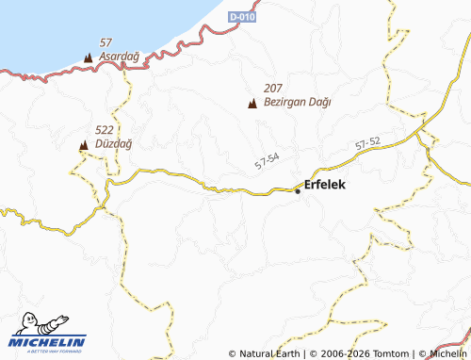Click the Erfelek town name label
click(325, 185)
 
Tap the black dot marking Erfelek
click(298, 191)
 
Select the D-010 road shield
click(243, 17)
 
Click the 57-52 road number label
click(368, 143)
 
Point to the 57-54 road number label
click(267, 161)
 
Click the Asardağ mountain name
click(119, 57)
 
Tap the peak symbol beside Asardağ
click(89, 58)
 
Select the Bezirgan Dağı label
click(298, 102)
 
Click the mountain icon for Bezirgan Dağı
click(252, 103)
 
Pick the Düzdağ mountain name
click(113, 143)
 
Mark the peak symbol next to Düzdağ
click(83, 145)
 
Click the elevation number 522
click(105, 130)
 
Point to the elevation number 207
click(273, 88)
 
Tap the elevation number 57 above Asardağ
click(106, 43)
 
